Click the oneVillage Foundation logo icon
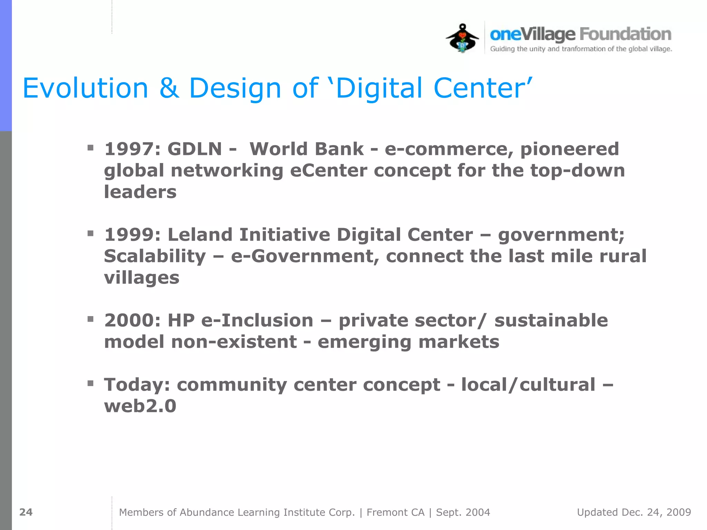(x=462, y=38)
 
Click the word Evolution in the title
(x=85, y=88)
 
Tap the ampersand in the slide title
(x=169, y=88)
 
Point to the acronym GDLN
(x=195, y=149)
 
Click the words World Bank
(x=306, y=149)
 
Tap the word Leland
(x=200, y=235)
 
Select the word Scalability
(x=155, y=256)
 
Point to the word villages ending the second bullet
(x=142, y=278)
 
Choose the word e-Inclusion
(x=257, y=321)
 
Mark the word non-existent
(x=234, y=342)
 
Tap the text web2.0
(x=140, y=406)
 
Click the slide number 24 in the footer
(x=26, y=512)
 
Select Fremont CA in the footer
(x=395, y=512)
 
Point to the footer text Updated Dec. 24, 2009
(x=634, y=512)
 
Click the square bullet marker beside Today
(x=90, y=383)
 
